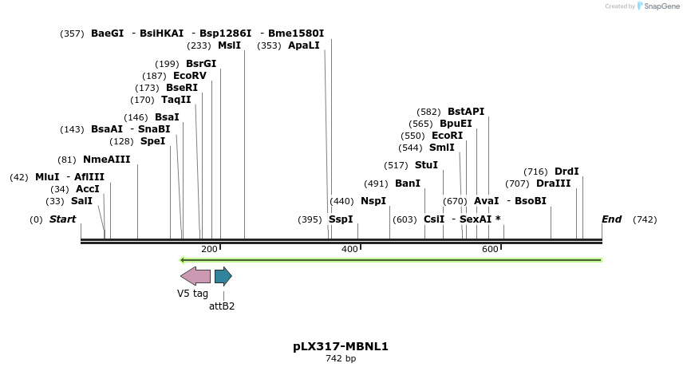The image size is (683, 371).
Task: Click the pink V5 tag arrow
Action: pyautogui.click(x=195, y=276)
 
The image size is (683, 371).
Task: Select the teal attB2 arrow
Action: pyautogui.click(x=223, y=276)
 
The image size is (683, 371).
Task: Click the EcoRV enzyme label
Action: pyautogui.click(x=190, y=76)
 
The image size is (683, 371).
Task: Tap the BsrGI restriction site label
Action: pyautogui.click(x=201, y=64)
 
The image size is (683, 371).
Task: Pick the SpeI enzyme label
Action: pyautogui.click(x=153, y=141)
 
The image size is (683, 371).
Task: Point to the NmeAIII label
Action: pyautogui.click(x=106, y=160)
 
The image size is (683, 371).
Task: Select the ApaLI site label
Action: pyautogui.click(x=304, y=45)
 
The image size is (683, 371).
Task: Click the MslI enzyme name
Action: pyautogui.click(x=229, y=45)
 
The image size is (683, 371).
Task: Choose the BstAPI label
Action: pyautogui.click(x=466, y=112)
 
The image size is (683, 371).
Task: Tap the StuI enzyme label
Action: pyautogui.click(x=426, y=165)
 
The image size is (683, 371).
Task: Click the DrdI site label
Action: pyautogui.click(x=567, y=172)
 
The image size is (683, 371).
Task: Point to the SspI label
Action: pyautogui.click(x=341, y=219)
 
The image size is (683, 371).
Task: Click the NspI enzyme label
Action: pyautogui.click(x=373, y=201)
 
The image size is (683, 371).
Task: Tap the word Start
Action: pyautogui.click(x=63, y=219)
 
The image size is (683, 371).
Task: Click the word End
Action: pyautogui.click(x=611, y=219)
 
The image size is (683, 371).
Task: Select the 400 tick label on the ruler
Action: pyautogui.click(x=349, y=250)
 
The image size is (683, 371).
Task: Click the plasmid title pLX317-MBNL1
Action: pyautogui.click(x=341, y=346)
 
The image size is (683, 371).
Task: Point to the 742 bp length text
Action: pyautogui.click(x=341, y=359)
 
